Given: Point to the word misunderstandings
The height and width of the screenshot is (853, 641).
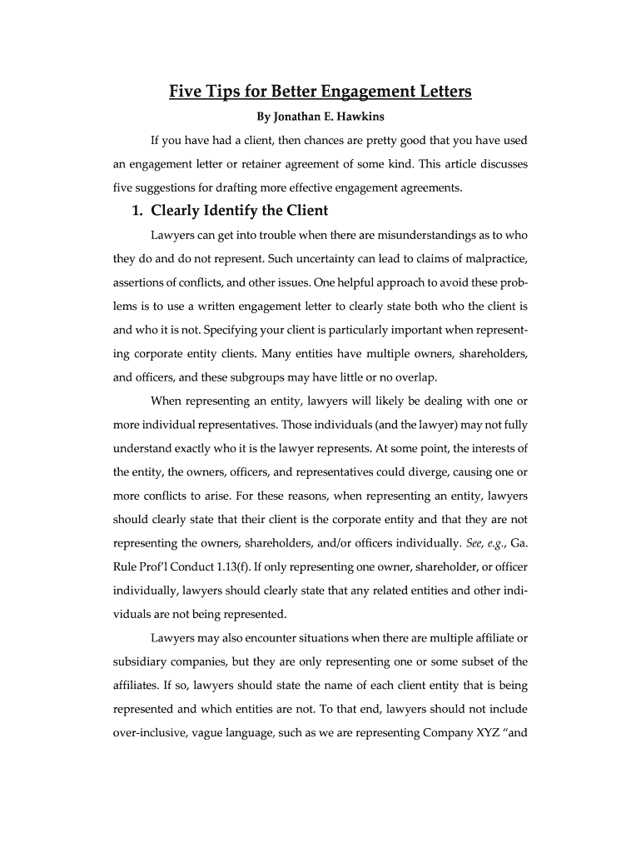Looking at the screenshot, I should [435, 235].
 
